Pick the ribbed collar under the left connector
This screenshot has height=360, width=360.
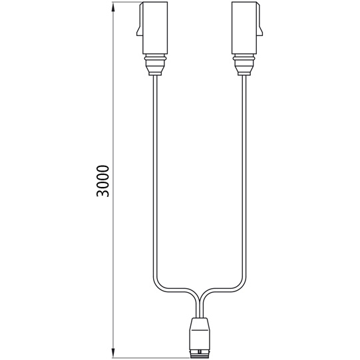(154, 66)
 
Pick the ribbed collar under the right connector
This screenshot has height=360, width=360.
(244, 66)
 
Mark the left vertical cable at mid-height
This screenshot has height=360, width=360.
(154, 180)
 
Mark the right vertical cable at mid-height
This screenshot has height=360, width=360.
(244, 180)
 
